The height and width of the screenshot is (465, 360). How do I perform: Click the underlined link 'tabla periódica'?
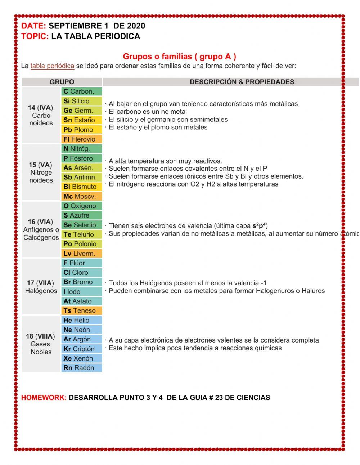(x=52, y=66)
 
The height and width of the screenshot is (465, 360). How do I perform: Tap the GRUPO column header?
(x=62, y=82)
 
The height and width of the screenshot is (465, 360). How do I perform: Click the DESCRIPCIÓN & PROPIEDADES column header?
(x=242, y=82)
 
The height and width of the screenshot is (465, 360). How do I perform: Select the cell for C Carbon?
(x=81, y=91)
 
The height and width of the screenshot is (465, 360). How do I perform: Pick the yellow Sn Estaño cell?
(x=81, y=120)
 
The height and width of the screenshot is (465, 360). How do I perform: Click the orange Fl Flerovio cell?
(x=81, y=139)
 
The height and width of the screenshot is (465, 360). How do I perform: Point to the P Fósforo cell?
(x=81, y=158)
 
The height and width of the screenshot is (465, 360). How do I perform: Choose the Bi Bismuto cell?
(x=81, y=187)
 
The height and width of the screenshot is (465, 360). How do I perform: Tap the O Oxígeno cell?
(x=81, y=206)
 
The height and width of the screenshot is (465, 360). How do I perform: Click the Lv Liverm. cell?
(x=81, y=254)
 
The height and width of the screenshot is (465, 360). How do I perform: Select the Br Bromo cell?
(x=81, y=282)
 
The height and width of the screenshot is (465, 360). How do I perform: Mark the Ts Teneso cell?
(x=81, y=310)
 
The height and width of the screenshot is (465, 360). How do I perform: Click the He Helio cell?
(x=81, y=320)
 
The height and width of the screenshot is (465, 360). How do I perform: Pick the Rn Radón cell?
(x=81, y=368)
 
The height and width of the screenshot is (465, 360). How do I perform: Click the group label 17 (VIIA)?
(x=41, y=283)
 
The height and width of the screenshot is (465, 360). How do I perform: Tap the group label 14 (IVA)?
(x=41, y=108)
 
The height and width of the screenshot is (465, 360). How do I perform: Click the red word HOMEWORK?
(x=44, y=398)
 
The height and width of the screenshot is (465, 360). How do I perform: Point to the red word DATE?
(x=33, y=26)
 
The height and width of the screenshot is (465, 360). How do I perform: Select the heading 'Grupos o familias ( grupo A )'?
(x=180, y=56)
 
